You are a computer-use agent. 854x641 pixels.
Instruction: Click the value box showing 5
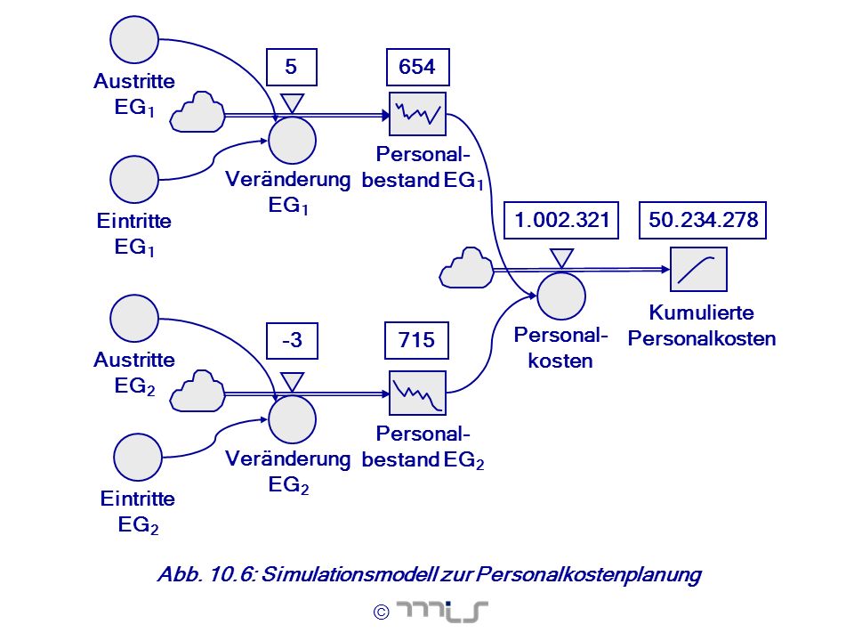click(292, 67)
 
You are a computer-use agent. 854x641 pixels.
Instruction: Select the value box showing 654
click(418, 67)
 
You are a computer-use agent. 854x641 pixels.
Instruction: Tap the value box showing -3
click(292, 341)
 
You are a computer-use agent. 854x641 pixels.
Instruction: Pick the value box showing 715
click(416, 341)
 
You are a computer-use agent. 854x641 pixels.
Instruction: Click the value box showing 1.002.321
click(561, 220)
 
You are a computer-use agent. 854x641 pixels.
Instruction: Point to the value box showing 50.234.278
click(703, 220)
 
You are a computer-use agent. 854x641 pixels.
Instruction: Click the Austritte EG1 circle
click(134, 40)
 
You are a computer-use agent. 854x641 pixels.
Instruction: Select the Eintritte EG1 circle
click(134, 179)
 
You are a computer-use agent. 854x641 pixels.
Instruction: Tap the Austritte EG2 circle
click(134, 319)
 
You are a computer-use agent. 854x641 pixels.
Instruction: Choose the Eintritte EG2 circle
click(138, 458)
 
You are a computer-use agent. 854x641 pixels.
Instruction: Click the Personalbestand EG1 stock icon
click(418, 114)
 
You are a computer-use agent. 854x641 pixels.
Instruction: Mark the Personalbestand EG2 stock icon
click(418, 393)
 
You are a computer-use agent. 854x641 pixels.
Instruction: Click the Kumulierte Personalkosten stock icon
click(699, 269)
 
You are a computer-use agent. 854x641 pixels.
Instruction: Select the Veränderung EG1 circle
click(292, 140)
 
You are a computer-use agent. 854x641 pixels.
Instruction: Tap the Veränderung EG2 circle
click(292, 419)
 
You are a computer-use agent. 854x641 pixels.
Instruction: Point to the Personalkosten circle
click(561, 296)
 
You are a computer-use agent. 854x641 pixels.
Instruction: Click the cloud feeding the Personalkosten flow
click(466, 268)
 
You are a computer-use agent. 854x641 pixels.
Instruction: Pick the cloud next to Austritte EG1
click(197, 112)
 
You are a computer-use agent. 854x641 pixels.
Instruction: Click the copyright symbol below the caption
click(382, 613)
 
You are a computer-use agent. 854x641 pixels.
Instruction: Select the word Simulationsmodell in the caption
click(350, 574)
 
